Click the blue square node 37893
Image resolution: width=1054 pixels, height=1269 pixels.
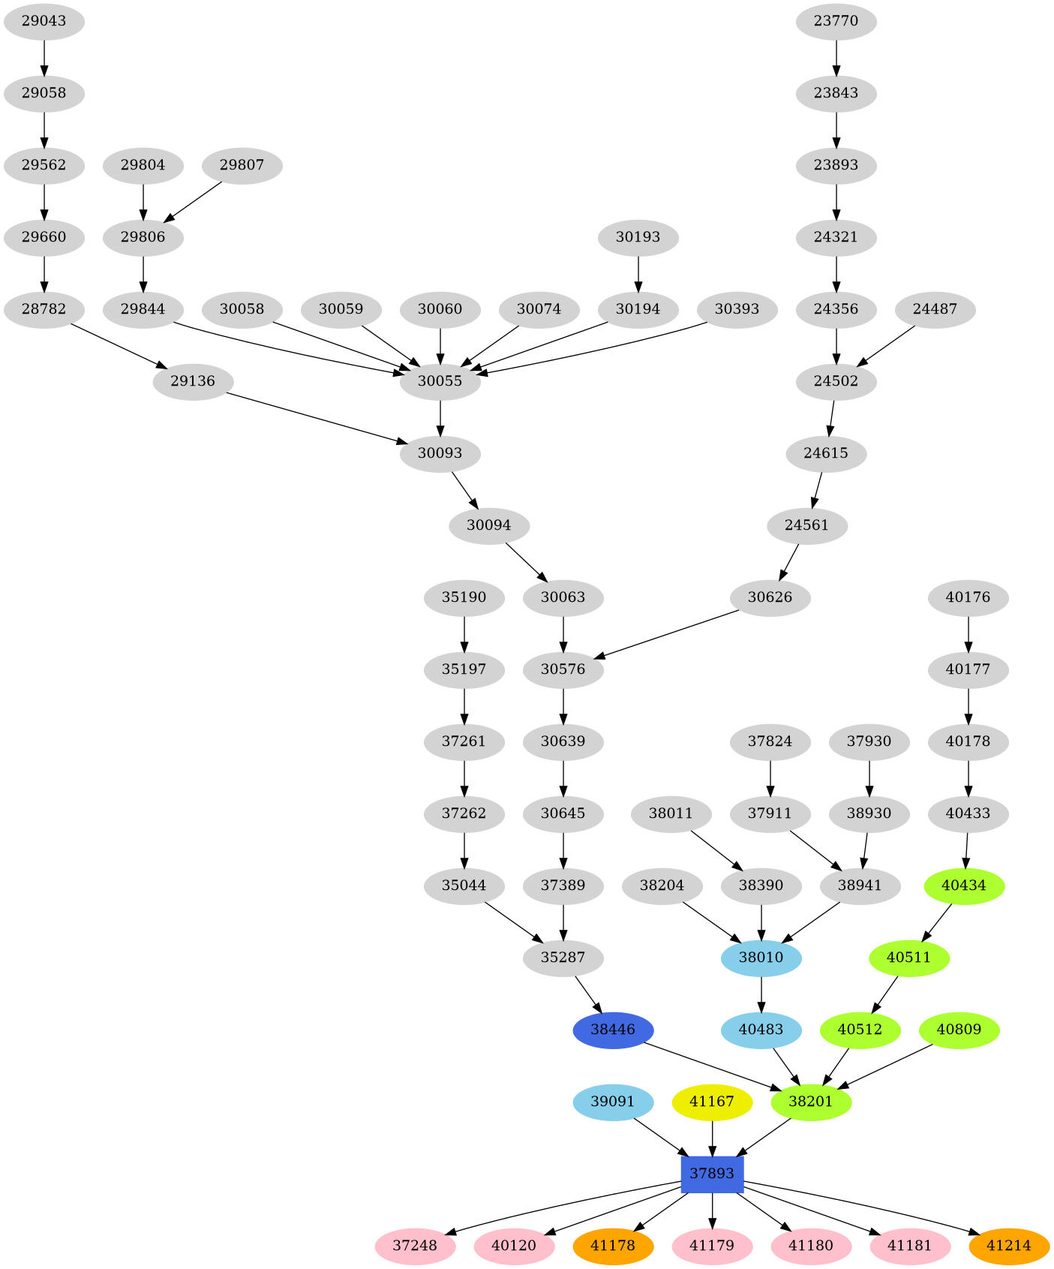click(x=712, y=1174)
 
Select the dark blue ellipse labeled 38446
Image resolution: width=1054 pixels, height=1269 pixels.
click(x=613, y=1030)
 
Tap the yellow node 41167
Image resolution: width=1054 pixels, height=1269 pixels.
click(x=712, y=1102)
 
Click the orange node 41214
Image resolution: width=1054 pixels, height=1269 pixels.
click(x=1009, y=1246)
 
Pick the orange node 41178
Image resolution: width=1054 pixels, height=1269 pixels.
click(x=613, y=1246)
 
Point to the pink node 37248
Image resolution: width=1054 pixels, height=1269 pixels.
click(x=415, y=1246)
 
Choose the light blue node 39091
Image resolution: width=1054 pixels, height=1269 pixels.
click(x=613, y=1102)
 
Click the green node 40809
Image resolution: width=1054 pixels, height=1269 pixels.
click(x=959, y=1030)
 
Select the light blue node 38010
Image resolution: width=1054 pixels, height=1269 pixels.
click(x=761, y=958)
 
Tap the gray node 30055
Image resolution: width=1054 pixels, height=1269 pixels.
click(x=440, y=381)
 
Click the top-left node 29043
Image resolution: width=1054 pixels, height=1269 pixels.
click(x=44, y=21)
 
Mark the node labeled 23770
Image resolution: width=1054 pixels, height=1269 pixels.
click(x=836, y=21)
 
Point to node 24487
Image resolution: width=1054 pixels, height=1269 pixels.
click(x=935, y=309)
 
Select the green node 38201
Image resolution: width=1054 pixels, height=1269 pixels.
click(x=811, y=1102)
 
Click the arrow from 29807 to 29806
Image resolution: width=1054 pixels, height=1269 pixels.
click(x=193, y=202)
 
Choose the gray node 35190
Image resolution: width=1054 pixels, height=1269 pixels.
click(x=464, y=597)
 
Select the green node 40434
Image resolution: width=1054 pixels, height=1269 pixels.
click(x=963, y=886)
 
